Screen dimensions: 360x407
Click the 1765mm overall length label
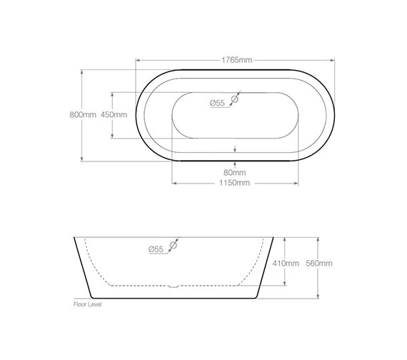236,60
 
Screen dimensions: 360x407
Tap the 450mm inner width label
114,115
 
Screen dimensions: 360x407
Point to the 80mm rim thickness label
235,172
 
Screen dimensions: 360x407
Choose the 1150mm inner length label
235,183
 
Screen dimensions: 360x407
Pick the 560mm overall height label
319,263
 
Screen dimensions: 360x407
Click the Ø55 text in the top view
217,104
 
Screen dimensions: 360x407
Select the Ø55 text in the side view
156,249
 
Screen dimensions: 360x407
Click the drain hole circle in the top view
235,100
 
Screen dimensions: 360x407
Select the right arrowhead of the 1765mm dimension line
334,60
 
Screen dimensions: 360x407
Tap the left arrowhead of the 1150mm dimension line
174,183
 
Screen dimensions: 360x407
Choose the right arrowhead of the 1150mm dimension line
296,183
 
